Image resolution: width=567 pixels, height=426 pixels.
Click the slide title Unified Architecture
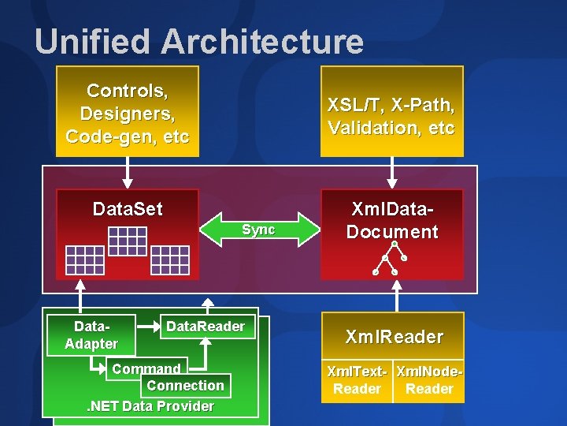point(198,41)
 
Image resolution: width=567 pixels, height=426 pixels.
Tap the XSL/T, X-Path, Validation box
point(391,116)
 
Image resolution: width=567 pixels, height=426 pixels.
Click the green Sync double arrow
point(258,230)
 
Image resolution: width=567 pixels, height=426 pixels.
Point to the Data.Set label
point(128,209)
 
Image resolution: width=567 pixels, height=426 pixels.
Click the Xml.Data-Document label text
point(391,221)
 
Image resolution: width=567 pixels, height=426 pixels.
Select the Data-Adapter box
point(91,334)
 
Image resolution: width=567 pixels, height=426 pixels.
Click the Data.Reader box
point(206,327)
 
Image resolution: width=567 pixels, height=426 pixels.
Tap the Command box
point(146,368)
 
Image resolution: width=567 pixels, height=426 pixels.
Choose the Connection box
point(186,385)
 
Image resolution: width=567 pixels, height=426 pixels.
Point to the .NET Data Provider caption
point(150,406)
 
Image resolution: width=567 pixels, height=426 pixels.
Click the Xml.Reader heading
point(394,337)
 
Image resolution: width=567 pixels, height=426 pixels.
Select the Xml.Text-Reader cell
point(357,380)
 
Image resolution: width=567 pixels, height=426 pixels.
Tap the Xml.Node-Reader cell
point(429,380)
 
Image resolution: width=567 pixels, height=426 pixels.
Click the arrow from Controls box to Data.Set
point(128,170)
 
